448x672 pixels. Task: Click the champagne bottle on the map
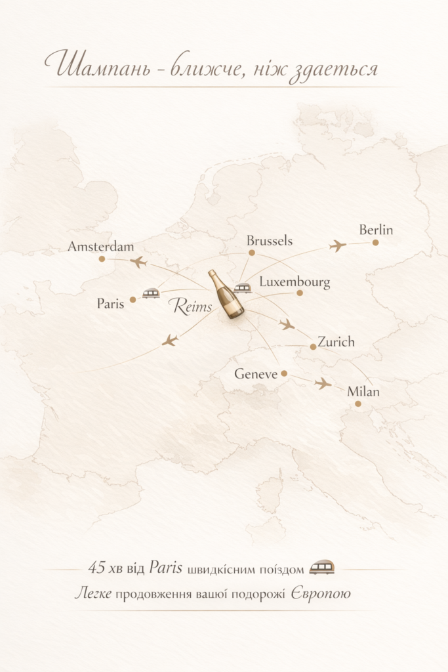point(226,295)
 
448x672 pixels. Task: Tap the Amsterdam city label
point(101,247)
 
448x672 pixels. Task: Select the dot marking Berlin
point(376,242)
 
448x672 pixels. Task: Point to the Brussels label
point(270,241)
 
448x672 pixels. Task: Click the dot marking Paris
point(132,299)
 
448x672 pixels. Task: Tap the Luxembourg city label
point(295,283)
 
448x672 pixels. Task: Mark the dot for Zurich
point(313,346)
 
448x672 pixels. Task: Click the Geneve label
point(256,374)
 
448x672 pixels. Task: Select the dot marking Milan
point(358,404)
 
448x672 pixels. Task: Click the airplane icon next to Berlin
point(338,246)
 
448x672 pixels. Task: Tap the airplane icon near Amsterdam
point(138,262)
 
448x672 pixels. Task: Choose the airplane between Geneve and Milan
point(322,383)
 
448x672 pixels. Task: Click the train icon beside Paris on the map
point(151,293)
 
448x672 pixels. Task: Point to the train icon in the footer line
point(322,568)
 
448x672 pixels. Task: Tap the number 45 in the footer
point(97,568)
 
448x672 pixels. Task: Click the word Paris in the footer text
point(165,568)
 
